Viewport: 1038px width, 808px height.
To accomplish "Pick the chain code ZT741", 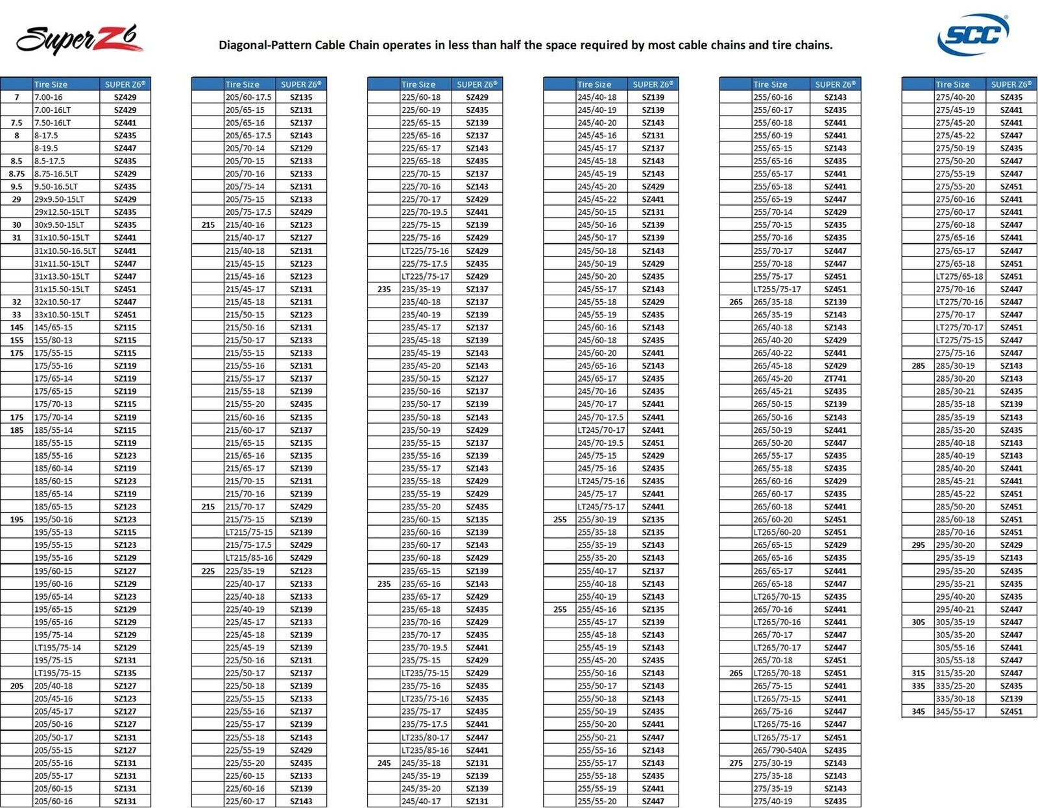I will tap(835, 378).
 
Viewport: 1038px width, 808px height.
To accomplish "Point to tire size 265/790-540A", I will tap(780, 750).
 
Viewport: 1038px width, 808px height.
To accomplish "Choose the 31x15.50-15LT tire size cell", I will tap(62, 289).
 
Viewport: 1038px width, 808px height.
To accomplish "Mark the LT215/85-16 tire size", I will tap(249, 557).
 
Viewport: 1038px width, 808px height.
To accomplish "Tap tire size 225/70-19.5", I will tap(425, 212).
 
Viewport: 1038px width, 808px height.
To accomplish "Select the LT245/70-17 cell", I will tap(601, 430).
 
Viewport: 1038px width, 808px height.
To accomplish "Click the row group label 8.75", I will tap(17, 174).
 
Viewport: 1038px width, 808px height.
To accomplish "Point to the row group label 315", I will tap(918, 673).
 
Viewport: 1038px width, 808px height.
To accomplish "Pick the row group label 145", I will tap(17, 327).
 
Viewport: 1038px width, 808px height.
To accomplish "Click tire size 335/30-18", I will tap(955, 699).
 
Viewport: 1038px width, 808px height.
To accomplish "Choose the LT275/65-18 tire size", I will tap(959, 276).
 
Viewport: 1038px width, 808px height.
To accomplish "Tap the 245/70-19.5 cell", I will tap(600, 443).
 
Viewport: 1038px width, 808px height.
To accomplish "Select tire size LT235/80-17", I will tap(425, 737).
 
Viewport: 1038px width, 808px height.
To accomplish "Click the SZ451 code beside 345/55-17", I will tap(1011, 711).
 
